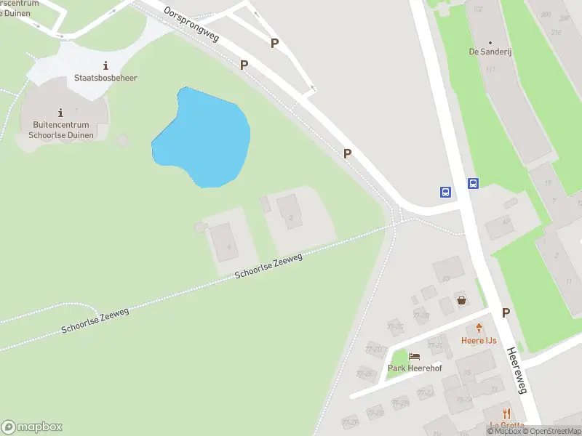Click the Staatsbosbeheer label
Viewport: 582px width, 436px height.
pos(105,78)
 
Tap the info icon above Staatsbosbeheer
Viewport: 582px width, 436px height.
pos(106,65)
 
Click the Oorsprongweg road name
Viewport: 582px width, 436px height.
pos(191,25)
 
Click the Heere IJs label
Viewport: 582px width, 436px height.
pos(479,340)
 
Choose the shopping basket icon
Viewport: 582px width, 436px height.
pos(461,299)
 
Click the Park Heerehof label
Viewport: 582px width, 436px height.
pos(415,368)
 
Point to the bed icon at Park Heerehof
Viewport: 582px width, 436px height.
pos(415,356)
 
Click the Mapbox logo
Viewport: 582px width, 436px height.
pos(32,427)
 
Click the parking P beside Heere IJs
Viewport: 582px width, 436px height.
pos(506,312)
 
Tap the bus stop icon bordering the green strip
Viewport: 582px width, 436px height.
pos(473,183)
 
